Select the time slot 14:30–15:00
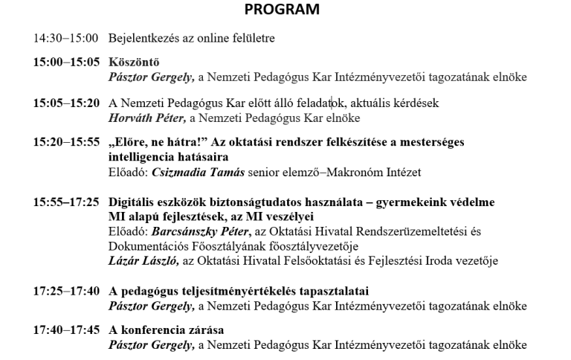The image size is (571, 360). pyautogui.click(x=65, y=38)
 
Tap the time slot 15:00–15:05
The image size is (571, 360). pyautogui.click(x=65, y=62)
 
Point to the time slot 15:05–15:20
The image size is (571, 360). pyautogui.click(x=65, y=103)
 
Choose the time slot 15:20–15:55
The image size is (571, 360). pyautogui.click(x=65, y=143)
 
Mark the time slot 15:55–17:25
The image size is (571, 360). pyautogui.click(x=65, y=202)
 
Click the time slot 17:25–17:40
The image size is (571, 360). pyautogui.click(x=65, y=290)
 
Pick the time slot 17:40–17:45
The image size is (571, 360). pyautogui.click(x=65, y=330)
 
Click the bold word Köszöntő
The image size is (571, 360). pyautogui.click(x=134, y=62)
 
